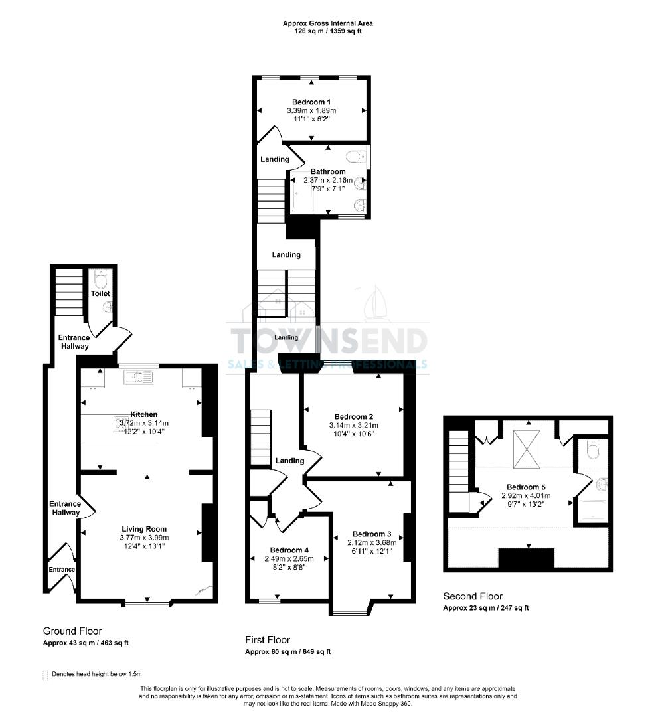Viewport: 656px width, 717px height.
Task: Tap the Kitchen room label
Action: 143,414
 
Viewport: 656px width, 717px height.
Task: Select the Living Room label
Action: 143,529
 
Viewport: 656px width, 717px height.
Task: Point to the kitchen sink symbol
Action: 138,378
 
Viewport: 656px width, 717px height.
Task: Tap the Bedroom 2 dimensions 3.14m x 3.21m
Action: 353,425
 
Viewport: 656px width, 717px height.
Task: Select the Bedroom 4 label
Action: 289,550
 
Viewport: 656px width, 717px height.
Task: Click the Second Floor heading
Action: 473,596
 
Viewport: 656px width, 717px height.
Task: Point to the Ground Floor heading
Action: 72,631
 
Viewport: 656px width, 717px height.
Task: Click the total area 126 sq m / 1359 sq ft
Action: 323,31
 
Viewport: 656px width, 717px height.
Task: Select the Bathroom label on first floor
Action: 328,171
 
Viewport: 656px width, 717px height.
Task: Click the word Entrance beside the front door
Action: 61,569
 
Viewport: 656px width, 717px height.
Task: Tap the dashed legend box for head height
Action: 45,675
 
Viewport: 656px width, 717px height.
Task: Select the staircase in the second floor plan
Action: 458,471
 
